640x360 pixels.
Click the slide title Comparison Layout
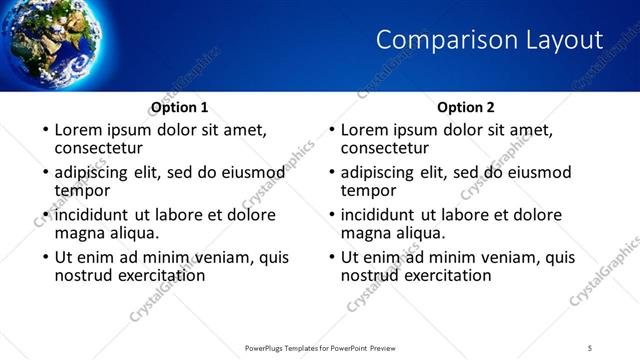point(489,40)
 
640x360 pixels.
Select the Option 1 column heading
point(180,107)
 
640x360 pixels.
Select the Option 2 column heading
point(466,107)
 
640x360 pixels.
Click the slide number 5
point(590,347)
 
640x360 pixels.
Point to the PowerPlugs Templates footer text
point(319,347)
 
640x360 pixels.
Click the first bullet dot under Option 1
point(44,131)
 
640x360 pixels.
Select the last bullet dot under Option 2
point(331,258)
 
